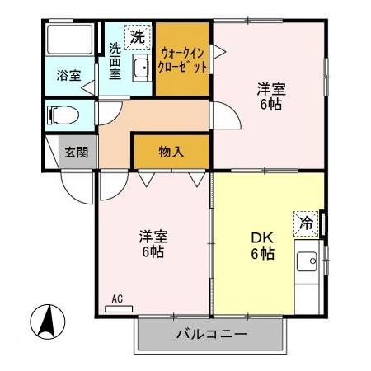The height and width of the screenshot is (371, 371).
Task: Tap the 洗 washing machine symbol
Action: click(137, 36)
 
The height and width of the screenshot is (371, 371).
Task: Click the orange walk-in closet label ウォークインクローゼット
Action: click(183, 59)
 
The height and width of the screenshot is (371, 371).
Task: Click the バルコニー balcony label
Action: click(211, 336)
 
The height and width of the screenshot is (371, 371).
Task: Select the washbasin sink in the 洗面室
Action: click(141, 68)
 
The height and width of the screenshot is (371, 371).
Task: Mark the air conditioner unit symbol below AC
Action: click(118, 309)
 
